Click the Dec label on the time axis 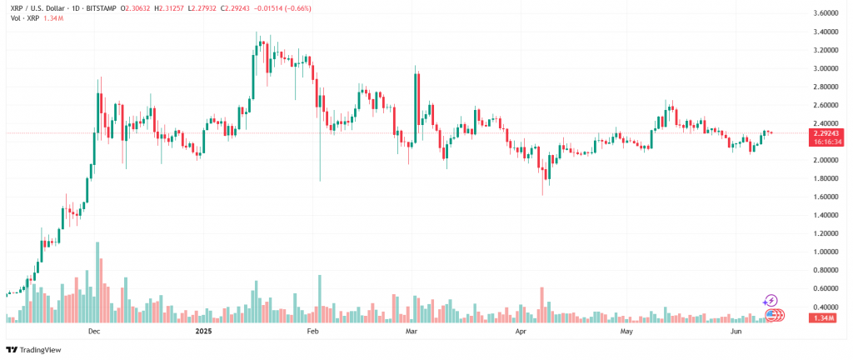click(x=94, y=332)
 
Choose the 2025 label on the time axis click(x=202, y=332)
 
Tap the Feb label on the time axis click(x=313, y=332)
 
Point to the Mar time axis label click(x=411, y=332)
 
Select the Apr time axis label click(x=521, y=332)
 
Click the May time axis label click(x=627, y=332)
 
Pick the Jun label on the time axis click(x=736, y=332)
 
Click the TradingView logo click(x=36, y=350)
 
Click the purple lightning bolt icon click(x=771, y=301)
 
